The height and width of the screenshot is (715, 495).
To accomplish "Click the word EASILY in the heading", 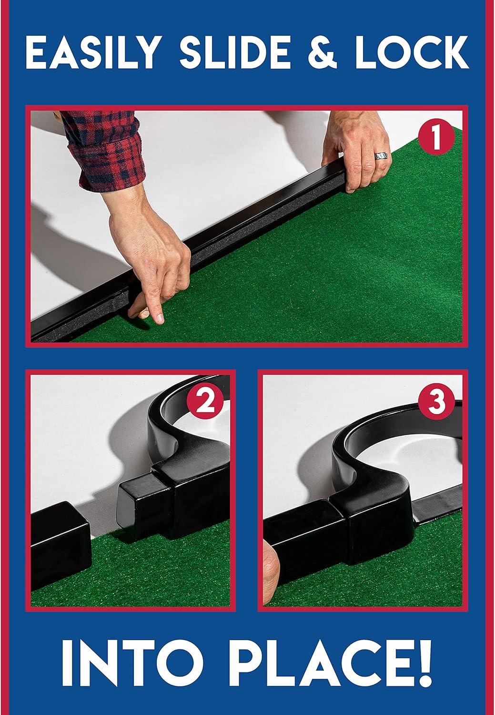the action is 91,52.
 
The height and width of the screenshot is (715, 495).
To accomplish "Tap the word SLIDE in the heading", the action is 235,52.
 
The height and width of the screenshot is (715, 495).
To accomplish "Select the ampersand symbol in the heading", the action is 322,52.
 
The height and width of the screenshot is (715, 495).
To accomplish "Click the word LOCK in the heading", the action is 412,52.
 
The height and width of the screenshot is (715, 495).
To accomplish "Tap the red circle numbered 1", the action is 435,138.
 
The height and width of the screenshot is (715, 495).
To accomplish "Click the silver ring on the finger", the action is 382,156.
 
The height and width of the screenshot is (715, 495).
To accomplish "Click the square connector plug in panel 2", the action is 143,506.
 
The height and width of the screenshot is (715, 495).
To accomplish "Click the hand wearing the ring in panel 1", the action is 356,150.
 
